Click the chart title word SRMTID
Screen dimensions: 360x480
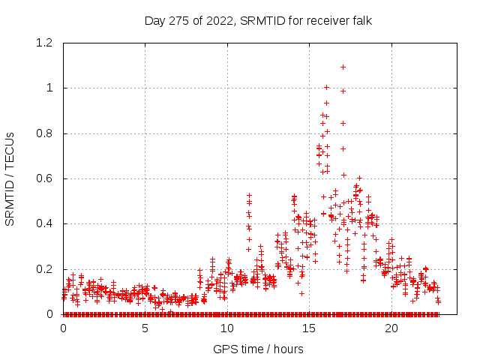point(265,20)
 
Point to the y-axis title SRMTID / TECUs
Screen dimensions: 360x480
point(10,178)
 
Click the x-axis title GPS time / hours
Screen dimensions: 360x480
point(258,349)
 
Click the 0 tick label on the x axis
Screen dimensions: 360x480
point(64,328)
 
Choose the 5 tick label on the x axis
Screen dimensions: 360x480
point(145,328)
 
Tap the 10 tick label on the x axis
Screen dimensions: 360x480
point(227,328)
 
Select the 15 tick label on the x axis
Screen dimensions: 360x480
point(309,328)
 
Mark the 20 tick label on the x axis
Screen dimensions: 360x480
point(391,328)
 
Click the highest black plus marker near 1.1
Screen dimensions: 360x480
point(343,67)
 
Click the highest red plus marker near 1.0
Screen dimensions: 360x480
point(326,87)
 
